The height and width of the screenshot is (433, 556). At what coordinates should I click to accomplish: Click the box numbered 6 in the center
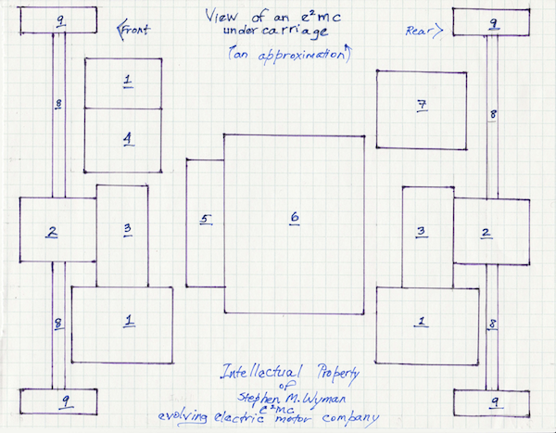(x=295, y=222)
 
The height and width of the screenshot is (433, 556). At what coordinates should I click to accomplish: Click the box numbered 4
(x=126, y=140)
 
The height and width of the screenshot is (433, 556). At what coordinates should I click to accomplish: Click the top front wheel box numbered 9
(x=57, y=19)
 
